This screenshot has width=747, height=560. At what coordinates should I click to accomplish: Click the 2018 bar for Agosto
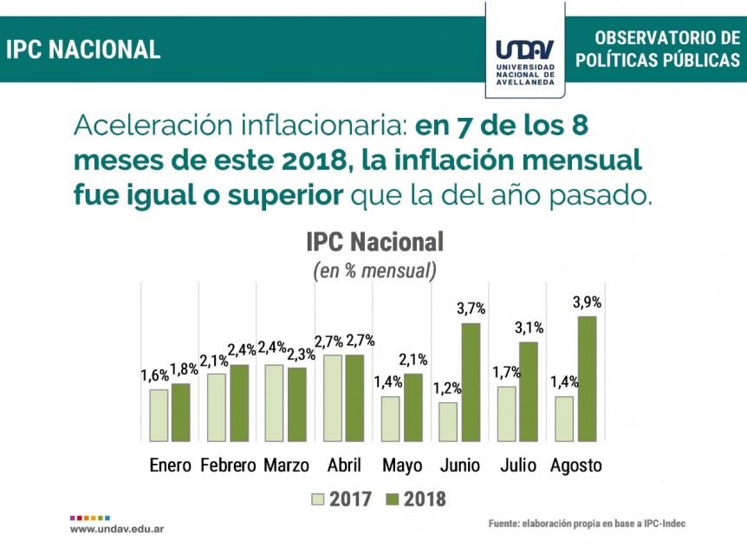point(587,379)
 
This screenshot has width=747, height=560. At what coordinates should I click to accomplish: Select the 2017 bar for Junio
point(448,422)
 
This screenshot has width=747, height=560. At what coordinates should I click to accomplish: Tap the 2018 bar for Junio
point(471,382)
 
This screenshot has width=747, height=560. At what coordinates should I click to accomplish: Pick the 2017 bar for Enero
point(159,415)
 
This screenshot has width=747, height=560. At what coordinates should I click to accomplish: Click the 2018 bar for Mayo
point(413,407)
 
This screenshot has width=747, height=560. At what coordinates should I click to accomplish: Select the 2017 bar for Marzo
point(275,403)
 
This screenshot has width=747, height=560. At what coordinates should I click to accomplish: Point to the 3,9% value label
point(587,303)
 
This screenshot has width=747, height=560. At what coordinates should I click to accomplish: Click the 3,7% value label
point(471,309)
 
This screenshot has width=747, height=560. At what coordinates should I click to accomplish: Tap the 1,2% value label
point(447,389)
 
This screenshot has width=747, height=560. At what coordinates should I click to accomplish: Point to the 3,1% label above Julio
point(529,328)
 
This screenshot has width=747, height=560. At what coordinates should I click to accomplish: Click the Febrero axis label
point(228,466)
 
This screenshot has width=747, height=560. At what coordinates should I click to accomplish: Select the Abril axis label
point(344,466)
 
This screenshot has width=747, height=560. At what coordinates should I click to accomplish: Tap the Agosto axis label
point(576,466)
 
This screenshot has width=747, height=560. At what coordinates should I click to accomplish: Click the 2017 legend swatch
point(317,499)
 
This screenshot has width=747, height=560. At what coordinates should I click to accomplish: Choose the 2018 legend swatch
point(392,499)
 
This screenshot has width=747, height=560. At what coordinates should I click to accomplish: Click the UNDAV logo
point(525,62)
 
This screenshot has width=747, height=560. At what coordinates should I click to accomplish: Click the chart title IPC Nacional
point(375,242)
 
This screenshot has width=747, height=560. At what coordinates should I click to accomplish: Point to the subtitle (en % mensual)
point(375,270)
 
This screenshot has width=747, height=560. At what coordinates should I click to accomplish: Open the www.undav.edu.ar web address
point(117,529)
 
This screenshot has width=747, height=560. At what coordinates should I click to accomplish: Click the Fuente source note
point(587,524)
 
